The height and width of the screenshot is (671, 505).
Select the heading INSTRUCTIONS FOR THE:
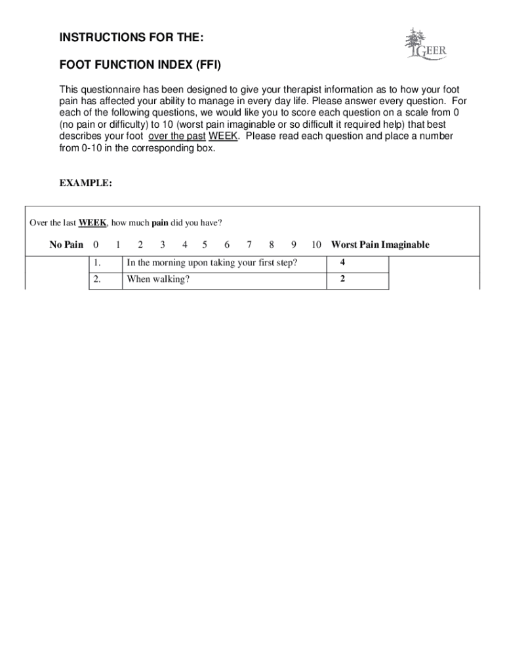131,39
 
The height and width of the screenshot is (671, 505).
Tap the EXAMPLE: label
85,184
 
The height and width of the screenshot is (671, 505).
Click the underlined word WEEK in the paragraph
222,136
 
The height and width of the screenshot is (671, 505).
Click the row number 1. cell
106,263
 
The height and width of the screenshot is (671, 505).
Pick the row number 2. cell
106,280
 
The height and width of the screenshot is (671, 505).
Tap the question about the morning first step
212,263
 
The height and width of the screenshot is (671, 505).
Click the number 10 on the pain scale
316,245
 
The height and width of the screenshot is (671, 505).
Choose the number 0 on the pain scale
96,245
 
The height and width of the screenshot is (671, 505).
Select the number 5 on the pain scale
205,245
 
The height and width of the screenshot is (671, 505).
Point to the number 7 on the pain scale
249,245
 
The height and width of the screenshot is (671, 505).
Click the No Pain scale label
66,245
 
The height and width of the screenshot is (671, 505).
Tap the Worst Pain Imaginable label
380,245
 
